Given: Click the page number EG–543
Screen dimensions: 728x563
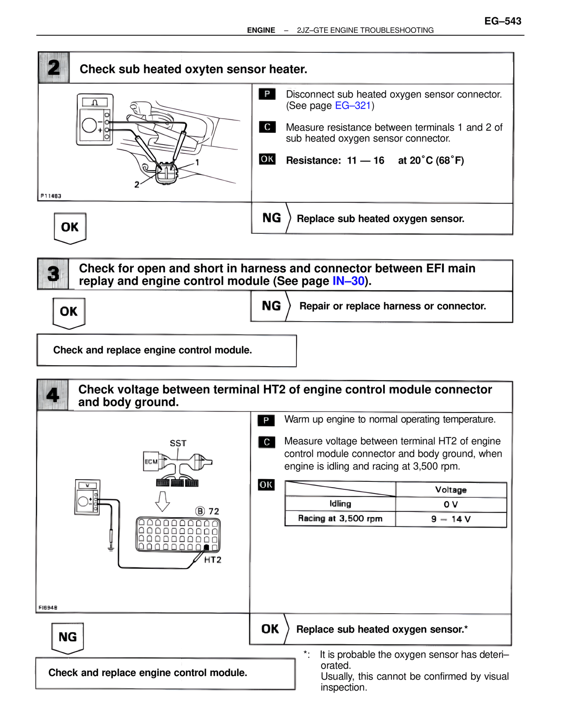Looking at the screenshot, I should point(502,21).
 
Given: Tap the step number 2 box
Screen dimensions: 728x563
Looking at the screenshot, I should point(54,68).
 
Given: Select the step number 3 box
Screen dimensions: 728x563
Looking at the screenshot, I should point(53,274).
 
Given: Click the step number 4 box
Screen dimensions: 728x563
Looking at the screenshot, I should point(53,395).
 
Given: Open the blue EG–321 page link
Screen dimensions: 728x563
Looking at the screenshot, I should point(353,106).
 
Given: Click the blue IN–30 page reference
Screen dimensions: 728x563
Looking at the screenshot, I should point(348,281).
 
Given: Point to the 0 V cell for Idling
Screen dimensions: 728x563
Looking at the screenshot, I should point(450,505).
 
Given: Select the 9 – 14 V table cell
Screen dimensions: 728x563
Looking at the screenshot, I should point(450,519).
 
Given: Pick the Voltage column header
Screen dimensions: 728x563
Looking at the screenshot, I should point(450,490).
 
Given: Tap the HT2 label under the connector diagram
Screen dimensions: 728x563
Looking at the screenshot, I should point(213,560).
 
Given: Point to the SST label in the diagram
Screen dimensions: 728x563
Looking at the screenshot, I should point(178,443).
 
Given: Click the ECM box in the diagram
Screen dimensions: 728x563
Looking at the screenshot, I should point(151,462).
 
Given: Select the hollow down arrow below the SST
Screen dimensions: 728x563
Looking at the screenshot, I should point(163,501).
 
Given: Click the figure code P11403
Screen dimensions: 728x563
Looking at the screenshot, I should point(51,196).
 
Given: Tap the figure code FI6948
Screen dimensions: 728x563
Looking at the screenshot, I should point(48,608).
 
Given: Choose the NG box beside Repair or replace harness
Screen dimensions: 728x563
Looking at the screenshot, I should point(271,306).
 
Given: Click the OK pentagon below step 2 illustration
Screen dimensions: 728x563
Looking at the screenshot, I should point(70,227).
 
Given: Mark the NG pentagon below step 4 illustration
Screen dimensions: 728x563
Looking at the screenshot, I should point(67,637).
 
